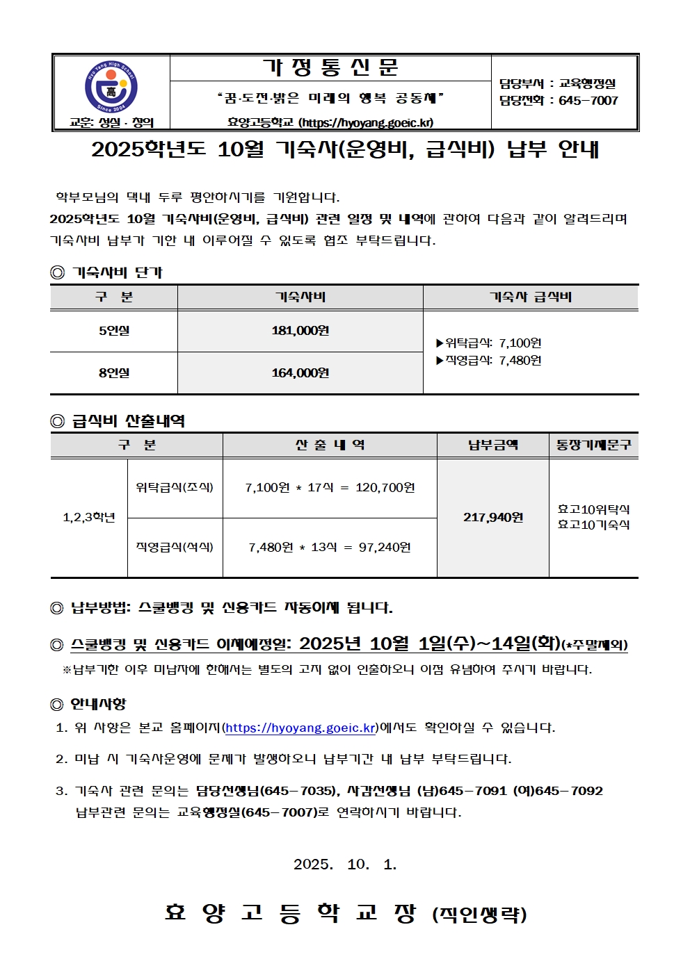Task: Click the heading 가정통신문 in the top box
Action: point(330,68)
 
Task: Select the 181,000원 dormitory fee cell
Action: point(300,331)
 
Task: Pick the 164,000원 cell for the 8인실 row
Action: point(300,373)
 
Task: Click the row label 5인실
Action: point(113,331)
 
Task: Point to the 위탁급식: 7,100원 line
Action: point(489,343)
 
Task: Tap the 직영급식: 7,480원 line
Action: point(489,360)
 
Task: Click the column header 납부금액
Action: point(492,445)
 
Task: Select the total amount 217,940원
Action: point(492,517)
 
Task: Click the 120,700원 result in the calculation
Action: point(385,488)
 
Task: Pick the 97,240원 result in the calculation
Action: point(385,548)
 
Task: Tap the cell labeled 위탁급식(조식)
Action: point(175,488)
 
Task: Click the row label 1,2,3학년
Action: point(89,517)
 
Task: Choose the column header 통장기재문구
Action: point(593,445)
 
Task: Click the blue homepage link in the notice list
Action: point(300,728)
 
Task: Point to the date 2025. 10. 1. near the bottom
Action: point(345,865)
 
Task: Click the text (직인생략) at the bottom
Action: point(480,915)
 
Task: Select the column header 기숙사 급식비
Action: point(530,297)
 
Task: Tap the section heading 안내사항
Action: point(98,704)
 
